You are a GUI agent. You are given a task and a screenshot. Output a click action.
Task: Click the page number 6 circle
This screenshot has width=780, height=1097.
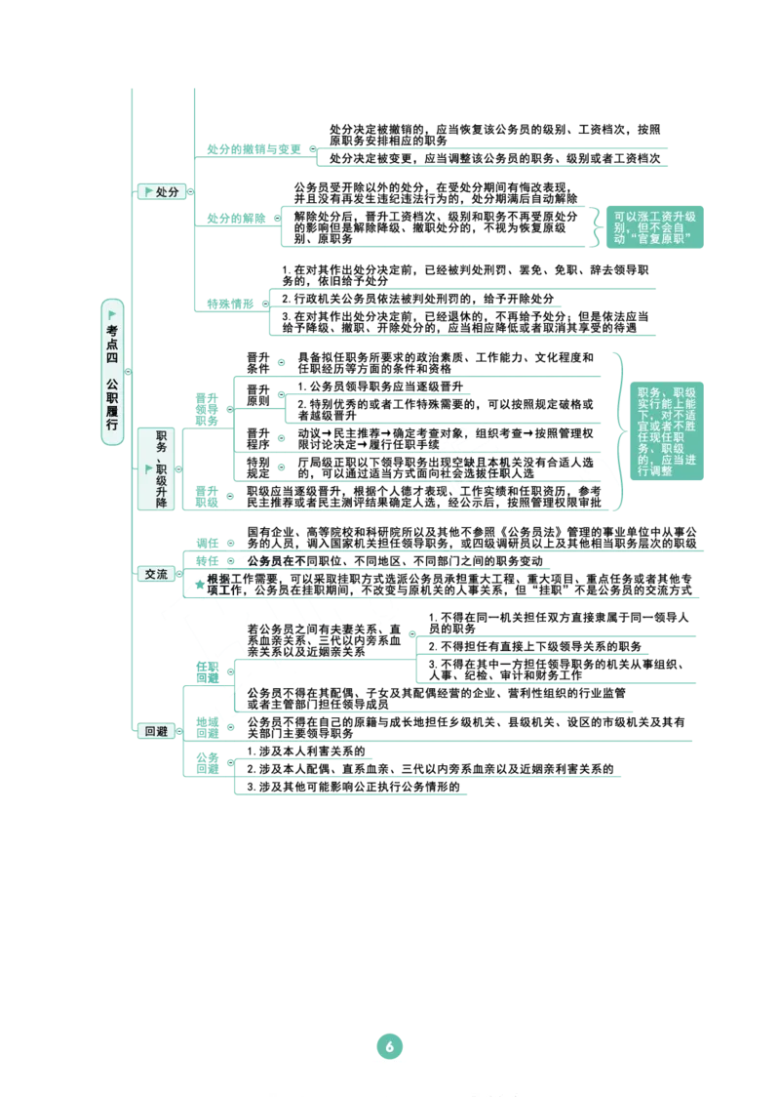tap(389, 1046)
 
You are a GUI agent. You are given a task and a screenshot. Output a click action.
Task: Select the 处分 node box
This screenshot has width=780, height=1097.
tap(162, 191)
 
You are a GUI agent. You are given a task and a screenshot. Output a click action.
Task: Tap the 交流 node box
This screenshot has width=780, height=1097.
tap(156, 574)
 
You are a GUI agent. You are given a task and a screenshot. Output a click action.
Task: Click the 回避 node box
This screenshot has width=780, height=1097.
tap(156, 731)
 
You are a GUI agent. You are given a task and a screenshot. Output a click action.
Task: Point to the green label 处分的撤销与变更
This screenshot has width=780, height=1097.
tap(253, 149)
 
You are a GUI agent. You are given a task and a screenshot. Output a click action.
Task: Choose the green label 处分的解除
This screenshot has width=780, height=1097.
tap(236, 219)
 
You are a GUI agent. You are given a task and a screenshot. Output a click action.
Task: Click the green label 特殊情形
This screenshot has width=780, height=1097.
tap(230, 304)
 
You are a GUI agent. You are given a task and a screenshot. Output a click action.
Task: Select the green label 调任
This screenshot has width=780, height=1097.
tap(207, 543)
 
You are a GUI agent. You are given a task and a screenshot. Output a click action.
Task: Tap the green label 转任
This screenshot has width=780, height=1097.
tap(207, 561)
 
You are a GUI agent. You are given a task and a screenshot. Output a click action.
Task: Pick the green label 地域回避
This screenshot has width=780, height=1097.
tap(207, 728)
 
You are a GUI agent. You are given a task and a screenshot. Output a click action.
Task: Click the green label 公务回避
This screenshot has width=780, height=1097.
tap(207, 763)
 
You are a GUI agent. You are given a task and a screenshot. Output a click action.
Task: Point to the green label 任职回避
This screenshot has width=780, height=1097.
tap(207, 672)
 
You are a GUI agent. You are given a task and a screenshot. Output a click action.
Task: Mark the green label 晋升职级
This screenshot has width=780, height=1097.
tap(207, 497)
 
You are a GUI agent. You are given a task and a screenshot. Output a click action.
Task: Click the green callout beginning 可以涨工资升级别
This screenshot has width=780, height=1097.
tap(655, 227)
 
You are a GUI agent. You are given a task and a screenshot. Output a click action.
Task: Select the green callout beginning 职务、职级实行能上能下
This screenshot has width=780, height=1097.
tap(666, 431)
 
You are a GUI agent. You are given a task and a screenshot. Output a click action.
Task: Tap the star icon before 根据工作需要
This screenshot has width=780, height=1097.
tap(200, 584)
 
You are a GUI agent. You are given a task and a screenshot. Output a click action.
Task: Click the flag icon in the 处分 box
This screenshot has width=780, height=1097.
tap(148, 191)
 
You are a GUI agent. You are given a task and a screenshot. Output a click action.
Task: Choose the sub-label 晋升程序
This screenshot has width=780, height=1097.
tap(258, 438)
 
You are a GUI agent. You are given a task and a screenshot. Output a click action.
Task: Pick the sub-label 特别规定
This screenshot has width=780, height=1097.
tap(258, 468)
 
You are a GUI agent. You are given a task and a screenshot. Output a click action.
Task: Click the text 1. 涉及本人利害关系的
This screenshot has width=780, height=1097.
tap(306, 752)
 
